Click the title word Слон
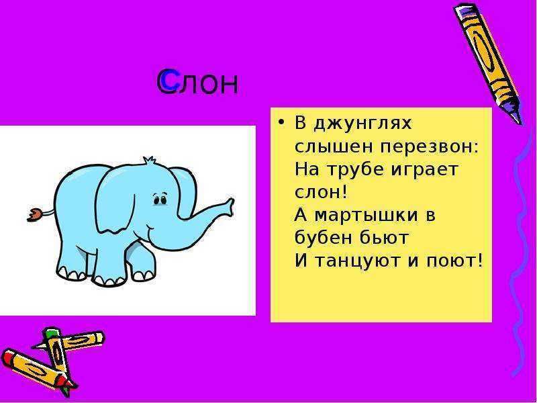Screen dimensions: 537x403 197,82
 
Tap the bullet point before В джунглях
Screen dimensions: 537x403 281,122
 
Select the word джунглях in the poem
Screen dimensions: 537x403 363,124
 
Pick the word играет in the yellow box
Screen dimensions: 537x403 425,170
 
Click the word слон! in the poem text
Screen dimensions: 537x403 321,192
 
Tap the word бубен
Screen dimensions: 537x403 321,237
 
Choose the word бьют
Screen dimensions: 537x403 381,237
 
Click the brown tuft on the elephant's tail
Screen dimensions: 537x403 35,215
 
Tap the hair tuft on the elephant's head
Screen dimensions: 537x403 148,160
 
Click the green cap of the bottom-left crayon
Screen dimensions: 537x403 50,332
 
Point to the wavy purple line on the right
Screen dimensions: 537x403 520,254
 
